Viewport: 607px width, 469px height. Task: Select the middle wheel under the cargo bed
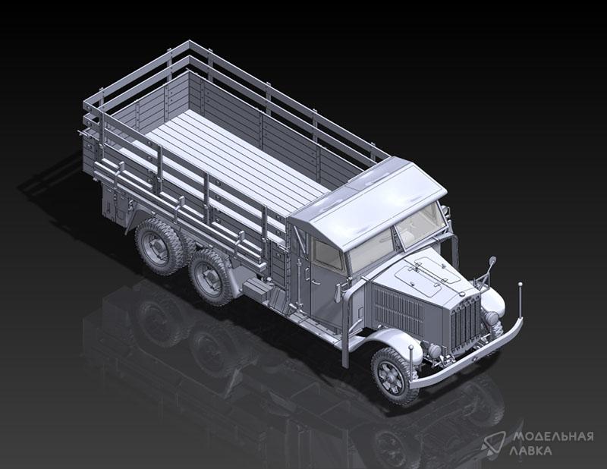pyautogui.click(x=210, y=277)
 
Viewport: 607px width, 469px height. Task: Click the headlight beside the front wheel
pyautogui.click(x=433, y=351)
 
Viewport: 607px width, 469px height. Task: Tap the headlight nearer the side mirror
pyautogui.click(x=492, y=319)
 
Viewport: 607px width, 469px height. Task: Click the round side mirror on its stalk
pyautogui.click(x=492, y=261)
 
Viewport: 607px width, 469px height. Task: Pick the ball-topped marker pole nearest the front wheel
pyautogui.click(x=410, y=364)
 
